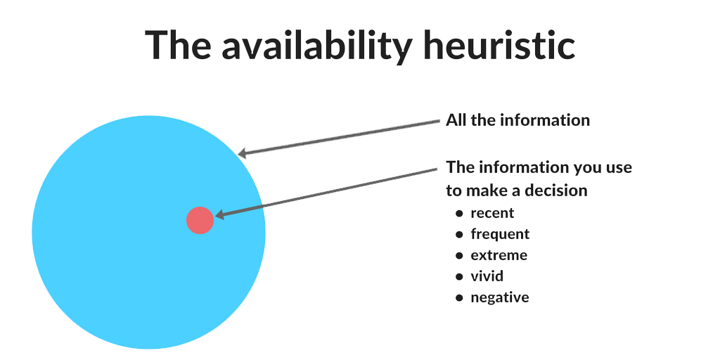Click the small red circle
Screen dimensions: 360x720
200,220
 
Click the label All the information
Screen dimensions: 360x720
517,120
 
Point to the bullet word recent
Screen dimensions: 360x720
492,213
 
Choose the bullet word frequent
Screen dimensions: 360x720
500,234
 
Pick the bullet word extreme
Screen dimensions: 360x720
499,255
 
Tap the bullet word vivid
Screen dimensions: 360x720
487,276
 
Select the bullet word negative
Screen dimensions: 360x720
499,297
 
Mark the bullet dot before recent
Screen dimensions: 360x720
459,214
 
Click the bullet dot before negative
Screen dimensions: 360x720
459,298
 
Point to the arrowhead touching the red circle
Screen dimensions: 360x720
219,216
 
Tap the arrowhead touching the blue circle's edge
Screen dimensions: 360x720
243,153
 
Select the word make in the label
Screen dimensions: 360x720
487,191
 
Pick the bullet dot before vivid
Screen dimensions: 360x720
459,277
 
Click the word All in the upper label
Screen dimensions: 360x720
456,120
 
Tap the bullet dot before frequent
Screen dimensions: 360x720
459,235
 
